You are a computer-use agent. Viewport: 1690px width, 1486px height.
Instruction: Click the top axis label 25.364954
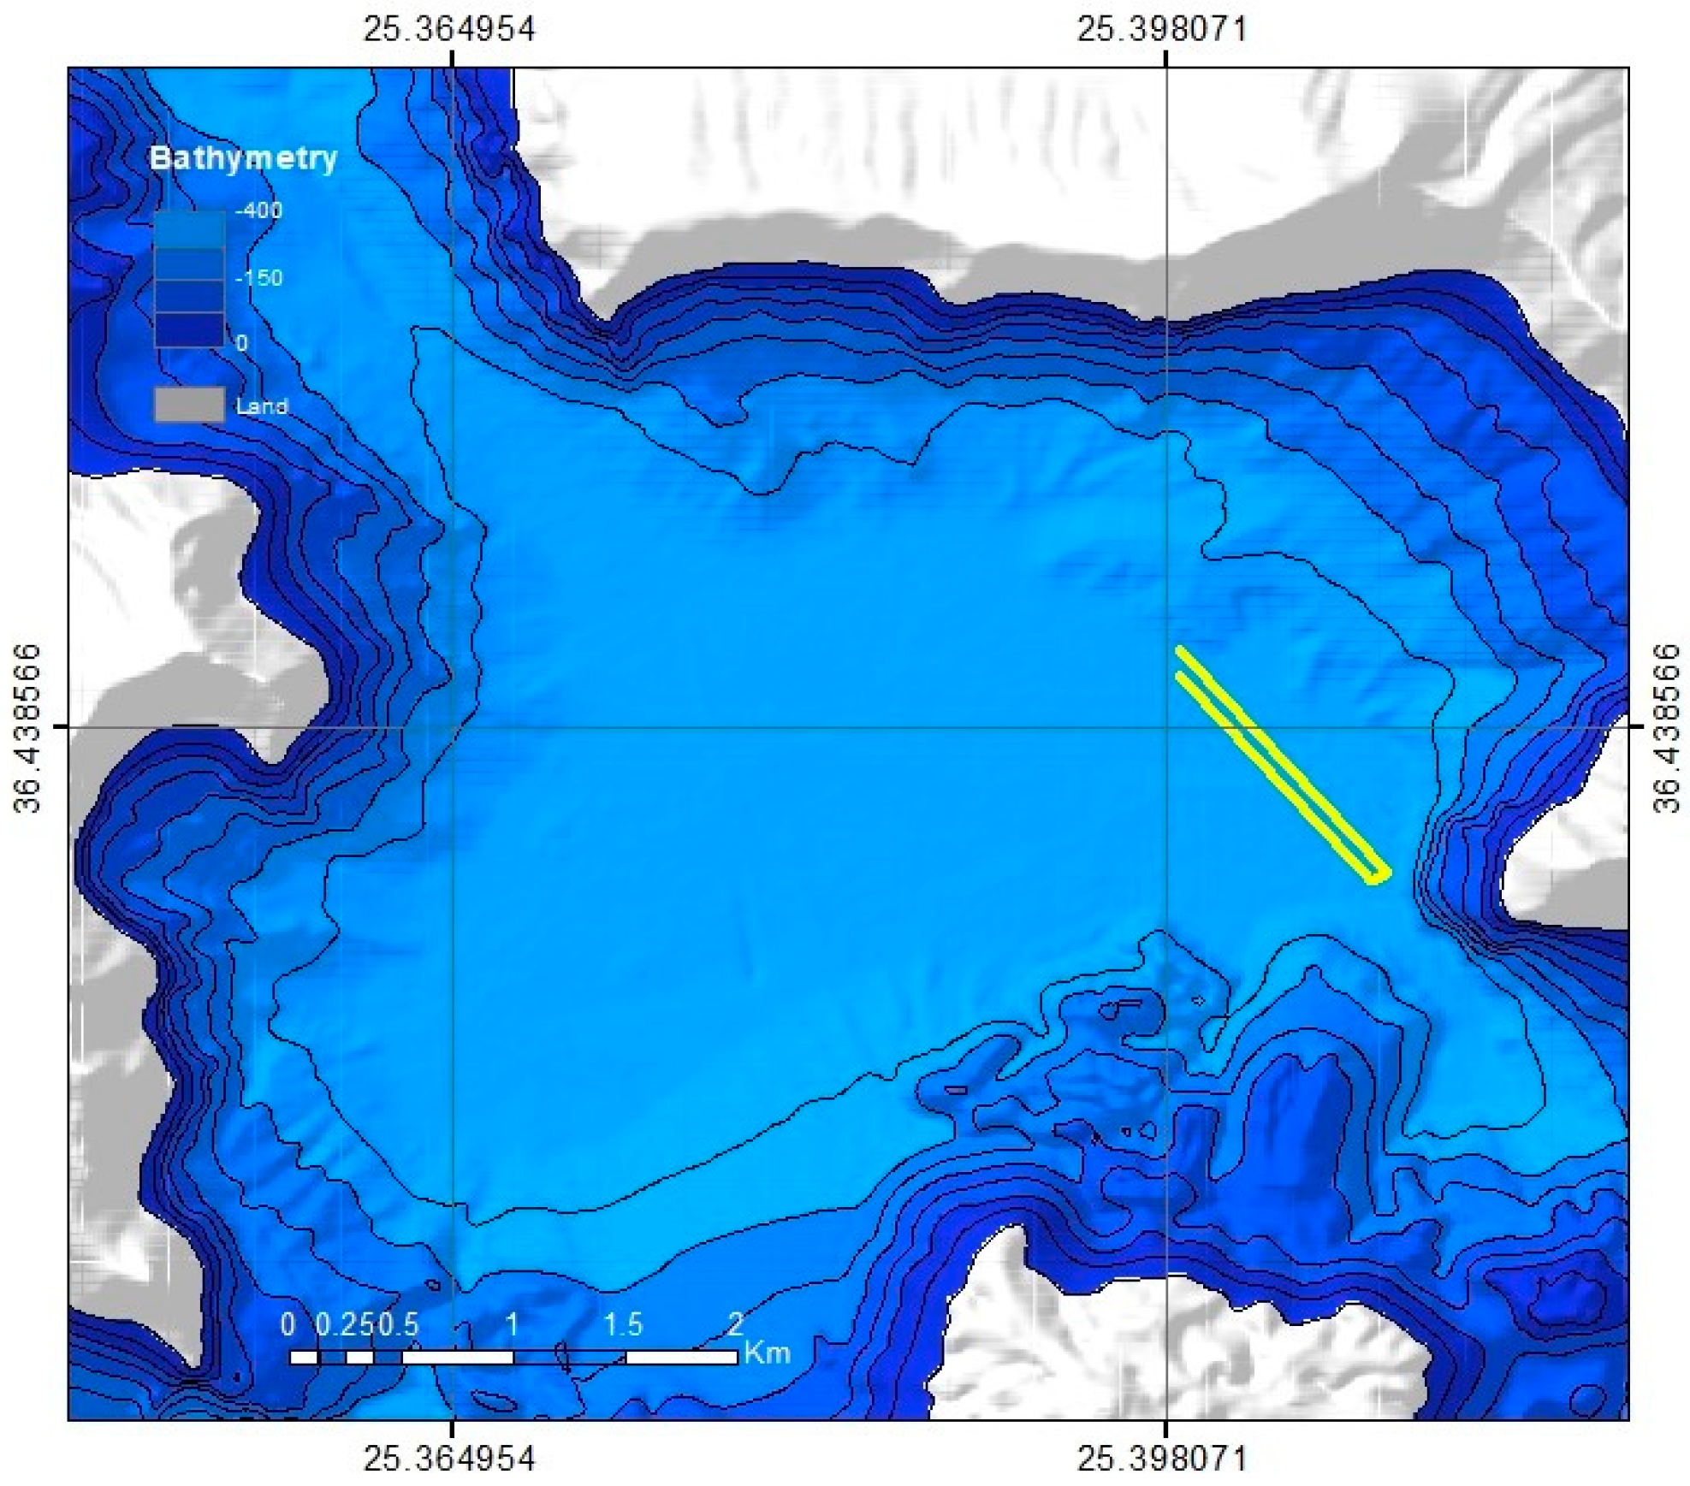tap(449, 29)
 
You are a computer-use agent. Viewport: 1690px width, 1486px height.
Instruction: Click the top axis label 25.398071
tap(1162, 29)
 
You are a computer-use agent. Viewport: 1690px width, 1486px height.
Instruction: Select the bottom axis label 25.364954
tap(449, 1458)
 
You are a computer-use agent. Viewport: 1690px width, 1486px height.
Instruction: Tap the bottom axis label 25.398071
tap(1162, 1458)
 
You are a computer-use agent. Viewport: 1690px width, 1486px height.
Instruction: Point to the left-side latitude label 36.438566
tap(27, 727)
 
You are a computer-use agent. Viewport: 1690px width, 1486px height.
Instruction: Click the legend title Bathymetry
tap(243, 158)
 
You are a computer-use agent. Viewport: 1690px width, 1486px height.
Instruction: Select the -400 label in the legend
tap(258, 210)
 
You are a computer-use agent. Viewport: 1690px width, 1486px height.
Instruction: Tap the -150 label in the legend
tap(258, 278)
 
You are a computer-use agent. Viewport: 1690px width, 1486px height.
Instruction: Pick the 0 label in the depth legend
tap(242, 343)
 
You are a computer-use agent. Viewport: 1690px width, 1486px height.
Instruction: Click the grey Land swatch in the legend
tap(189, 405)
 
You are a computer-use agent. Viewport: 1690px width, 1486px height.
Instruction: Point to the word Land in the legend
tap(262, 406)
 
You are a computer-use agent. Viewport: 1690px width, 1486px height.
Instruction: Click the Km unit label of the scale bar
tap(767, 1353)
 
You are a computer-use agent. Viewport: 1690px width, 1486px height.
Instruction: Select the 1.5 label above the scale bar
tap(623, 1324)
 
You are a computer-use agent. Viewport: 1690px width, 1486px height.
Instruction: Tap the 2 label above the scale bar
tap(735, 1324)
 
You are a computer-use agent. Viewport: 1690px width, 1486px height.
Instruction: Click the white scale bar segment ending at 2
tap(681, 1357)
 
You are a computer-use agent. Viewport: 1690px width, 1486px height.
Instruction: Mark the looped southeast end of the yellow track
tap(1376, 873)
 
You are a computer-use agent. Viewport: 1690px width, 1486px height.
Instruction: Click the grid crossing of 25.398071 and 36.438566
tap(1166, 727)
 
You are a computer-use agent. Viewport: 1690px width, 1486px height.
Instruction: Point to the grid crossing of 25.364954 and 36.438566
tap(453, 727)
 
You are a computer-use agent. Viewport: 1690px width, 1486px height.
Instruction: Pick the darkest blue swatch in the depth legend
tap(189, 329)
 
